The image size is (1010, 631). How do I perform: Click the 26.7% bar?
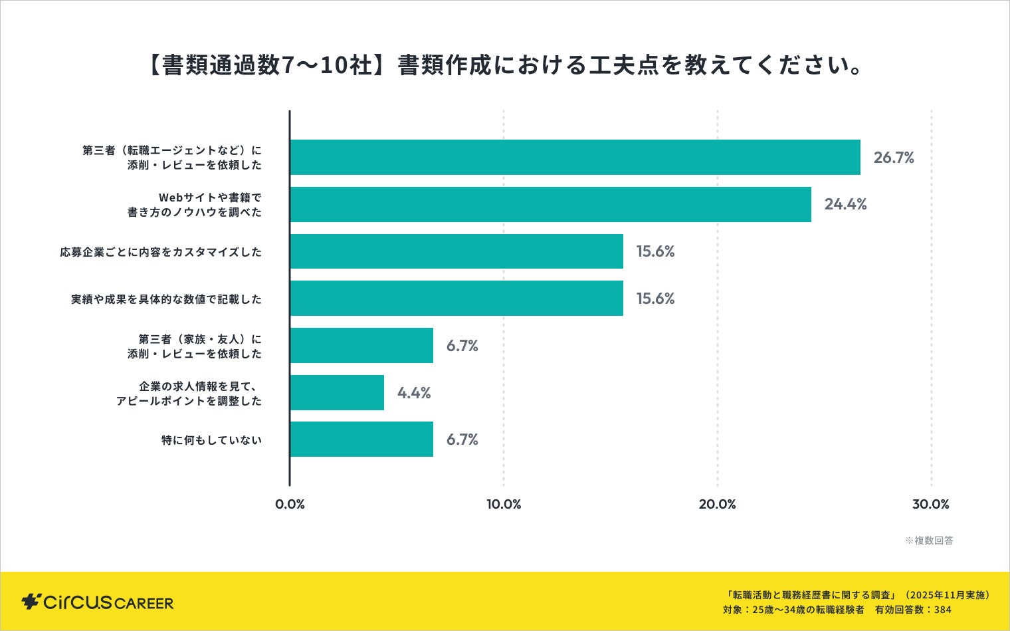[x=575, y=158]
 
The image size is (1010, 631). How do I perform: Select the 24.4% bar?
[x=550, y=205]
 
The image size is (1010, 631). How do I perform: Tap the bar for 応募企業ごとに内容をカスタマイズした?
[x=456, y=251]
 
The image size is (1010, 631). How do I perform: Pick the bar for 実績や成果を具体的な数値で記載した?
[x=456, y=299]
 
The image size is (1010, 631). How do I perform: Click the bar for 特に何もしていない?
[x=361, y=440]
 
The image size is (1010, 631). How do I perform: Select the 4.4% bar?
[x=337, y=393]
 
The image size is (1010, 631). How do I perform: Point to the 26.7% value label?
[x=894, y=158]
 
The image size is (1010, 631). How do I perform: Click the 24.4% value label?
[x=845, y=205]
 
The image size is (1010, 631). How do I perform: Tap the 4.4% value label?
[x=414, y=393]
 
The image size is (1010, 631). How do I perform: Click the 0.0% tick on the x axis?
[x=290, y=504]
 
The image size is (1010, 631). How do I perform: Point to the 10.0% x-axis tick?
[x=504, y=504]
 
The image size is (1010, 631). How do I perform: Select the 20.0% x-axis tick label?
[x=717, y=504]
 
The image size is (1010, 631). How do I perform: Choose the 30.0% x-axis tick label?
[x=930, y=504]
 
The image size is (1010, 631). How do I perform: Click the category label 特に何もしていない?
[x=211, y=440]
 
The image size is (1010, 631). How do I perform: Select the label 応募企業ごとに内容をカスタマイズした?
[x=161, y=252]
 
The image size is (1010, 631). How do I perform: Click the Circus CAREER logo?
[x=98, y=602]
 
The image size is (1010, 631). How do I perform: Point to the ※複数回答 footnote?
[x=929, y=541]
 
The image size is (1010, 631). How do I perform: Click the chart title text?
[x=504, y=65]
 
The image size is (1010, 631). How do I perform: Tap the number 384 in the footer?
[x=942, y=610]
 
